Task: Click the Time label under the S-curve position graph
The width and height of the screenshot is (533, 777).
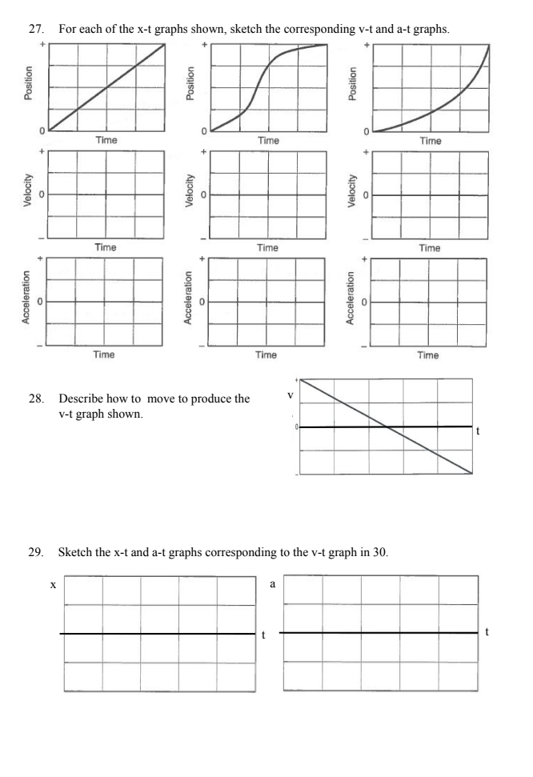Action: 268,141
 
